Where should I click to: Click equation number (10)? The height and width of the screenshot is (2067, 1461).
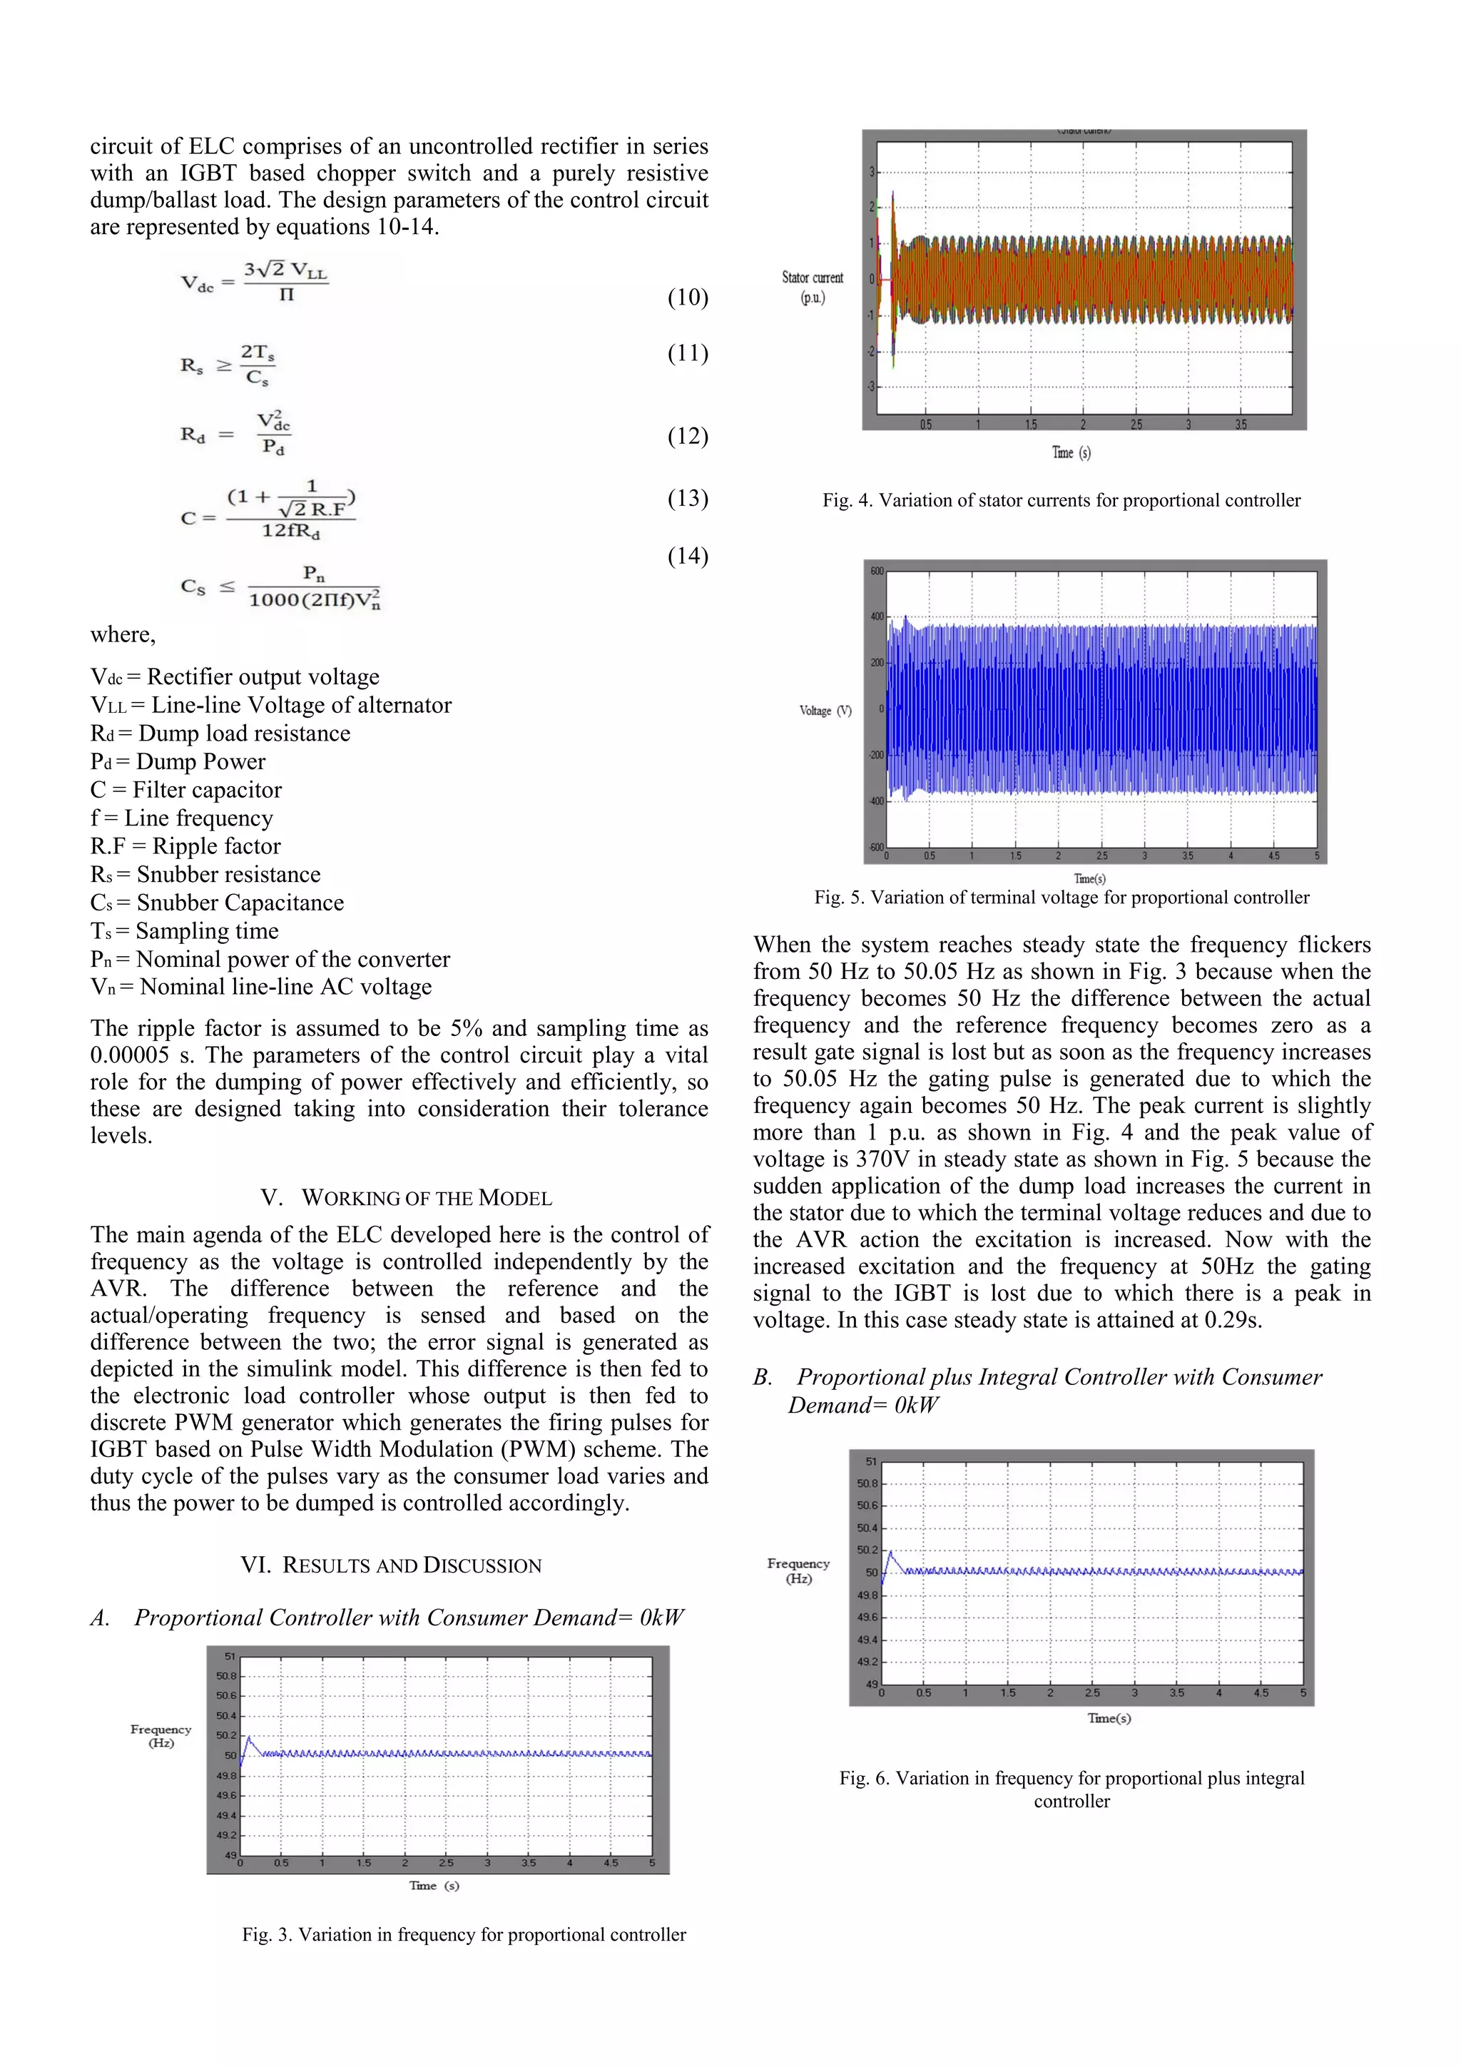pyautogui.click(x=687, y=298)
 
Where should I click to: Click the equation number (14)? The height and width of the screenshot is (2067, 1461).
pyautogui.click(x=687, y=557)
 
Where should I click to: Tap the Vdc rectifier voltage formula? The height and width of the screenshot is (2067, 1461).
pyautogui.click(x=255, y=282)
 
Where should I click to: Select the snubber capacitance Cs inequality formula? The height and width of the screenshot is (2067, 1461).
pyautogui.click(x=281, y=587)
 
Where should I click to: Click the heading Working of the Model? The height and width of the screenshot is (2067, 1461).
pyautogui.click(x=406, y=1198)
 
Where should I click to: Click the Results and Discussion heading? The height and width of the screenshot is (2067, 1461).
pyautogui.click(x=391, y=1565)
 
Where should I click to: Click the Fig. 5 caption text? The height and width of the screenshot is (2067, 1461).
pyautogui.click(x=1062, y=898)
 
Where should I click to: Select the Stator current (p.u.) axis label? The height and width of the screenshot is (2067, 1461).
pyautogui.click(x=812, y=288)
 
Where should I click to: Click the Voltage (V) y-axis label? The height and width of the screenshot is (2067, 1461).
pyautogui.click(x=825, y=711)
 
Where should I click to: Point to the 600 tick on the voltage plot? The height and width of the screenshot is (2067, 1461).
pyautogui.click(x=877, y=571)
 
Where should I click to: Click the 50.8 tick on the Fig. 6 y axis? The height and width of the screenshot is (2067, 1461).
pyautogui.click(x=867, y=1483)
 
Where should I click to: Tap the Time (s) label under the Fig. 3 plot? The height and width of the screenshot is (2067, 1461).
pyautogui.click(x=434, y=1885)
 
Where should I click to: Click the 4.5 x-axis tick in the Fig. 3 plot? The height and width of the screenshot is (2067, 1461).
pyautogui.click(x=611, y=1863)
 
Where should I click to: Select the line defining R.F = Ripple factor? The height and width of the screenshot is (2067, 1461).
pyautogui.click(x=185, y=846)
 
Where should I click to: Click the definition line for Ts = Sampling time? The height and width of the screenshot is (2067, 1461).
pyautogui.click(x=185, y=931)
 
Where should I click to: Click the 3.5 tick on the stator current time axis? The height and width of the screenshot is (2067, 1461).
pyautogui.click(x=1241, y=425)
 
